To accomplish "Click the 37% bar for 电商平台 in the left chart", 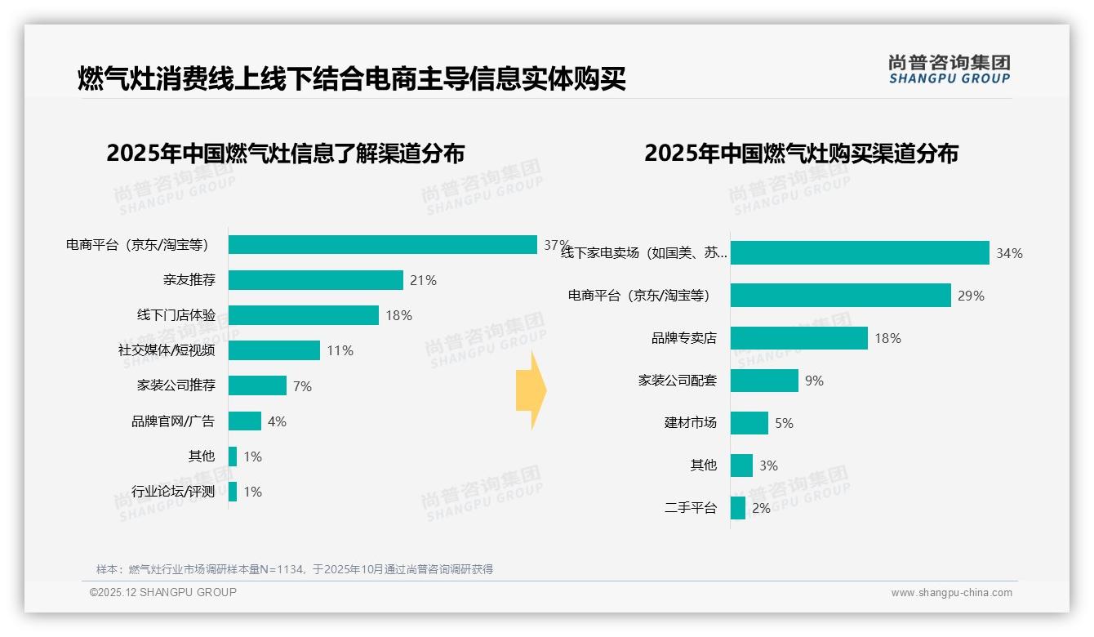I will click(382, 245).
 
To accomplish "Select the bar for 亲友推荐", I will click(315, 280).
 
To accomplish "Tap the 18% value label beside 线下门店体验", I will click(398, 315).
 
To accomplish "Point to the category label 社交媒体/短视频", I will click(167, 350).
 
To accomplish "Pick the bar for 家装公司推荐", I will click(257, 385).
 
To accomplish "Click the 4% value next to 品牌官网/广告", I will click(277, 421).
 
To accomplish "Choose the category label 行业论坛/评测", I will click(173, 492).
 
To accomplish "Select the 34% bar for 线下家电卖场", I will click(860, 253).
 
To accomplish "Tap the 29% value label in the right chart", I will click(971, 296).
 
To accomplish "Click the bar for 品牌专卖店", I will click(798, 338).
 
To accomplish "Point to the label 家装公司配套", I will click(677, 381).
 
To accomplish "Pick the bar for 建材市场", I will click(749, 423).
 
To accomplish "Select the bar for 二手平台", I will click(737, 508).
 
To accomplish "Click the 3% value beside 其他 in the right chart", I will click(768, 465).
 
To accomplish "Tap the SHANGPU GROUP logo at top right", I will click(949, 69).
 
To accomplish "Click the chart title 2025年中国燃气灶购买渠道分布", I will click(801, 154).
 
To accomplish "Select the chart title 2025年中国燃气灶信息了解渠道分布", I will click(285, 154).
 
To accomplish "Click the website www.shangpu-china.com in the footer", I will click(951, 593).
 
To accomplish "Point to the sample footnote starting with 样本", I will click(295, 569).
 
